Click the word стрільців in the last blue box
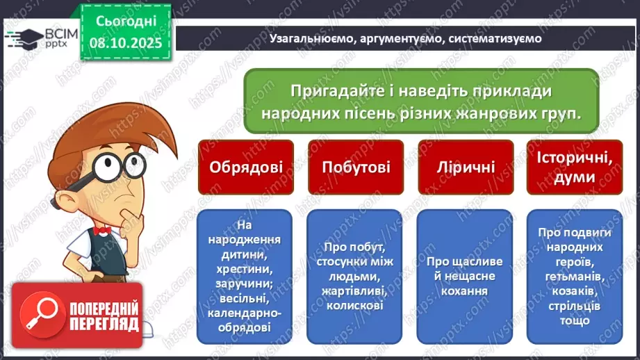(x=574, y=306)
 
